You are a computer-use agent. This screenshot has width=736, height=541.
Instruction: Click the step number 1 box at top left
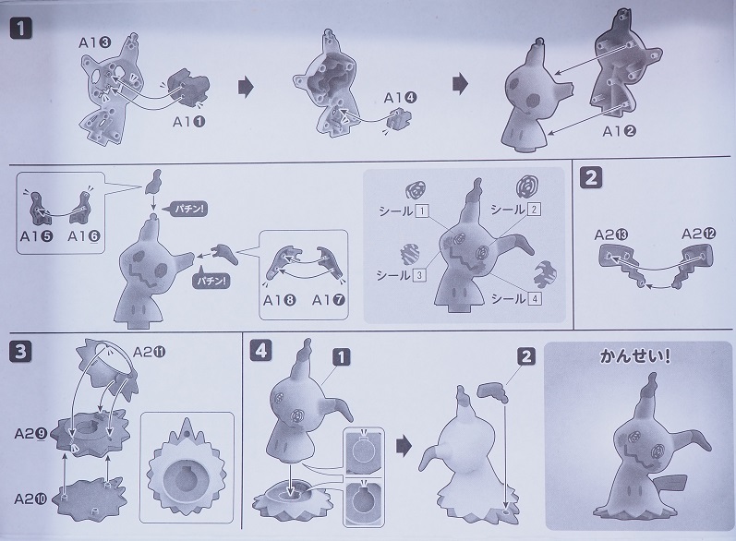21,29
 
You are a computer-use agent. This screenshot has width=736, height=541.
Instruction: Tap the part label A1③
94,42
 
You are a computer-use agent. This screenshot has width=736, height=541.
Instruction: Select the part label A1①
189,122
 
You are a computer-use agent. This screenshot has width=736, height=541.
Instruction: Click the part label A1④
401,98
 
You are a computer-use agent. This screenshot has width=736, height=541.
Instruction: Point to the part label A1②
619,131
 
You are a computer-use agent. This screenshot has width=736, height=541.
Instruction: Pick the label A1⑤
37,236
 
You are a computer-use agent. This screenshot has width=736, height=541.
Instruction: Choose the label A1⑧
279,300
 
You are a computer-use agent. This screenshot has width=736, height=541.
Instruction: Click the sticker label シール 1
404,210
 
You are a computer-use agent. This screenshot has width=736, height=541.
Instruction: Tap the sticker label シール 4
516,298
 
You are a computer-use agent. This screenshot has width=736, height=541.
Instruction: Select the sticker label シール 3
401,274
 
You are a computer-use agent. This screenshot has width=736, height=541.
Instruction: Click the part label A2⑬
611,234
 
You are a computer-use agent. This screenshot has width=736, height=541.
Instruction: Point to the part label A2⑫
699,234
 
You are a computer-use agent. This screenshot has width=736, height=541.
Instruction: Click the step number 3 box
20,352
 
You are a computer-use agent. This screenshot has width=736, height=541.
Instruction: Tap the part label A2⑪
150,352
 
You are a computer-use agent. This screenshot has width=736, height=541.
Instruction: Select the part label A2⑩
30,499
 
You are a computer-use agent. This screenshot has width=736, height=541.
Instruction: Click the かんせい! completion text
635,356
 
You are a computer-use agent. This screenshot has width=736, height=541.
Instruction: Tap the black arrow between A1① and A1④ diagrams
246,87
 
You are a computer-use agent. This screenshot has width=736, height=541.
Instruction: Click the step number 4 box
261,351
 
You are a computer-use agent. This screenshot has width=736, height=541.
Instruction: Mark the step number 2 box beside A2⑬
591,178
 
